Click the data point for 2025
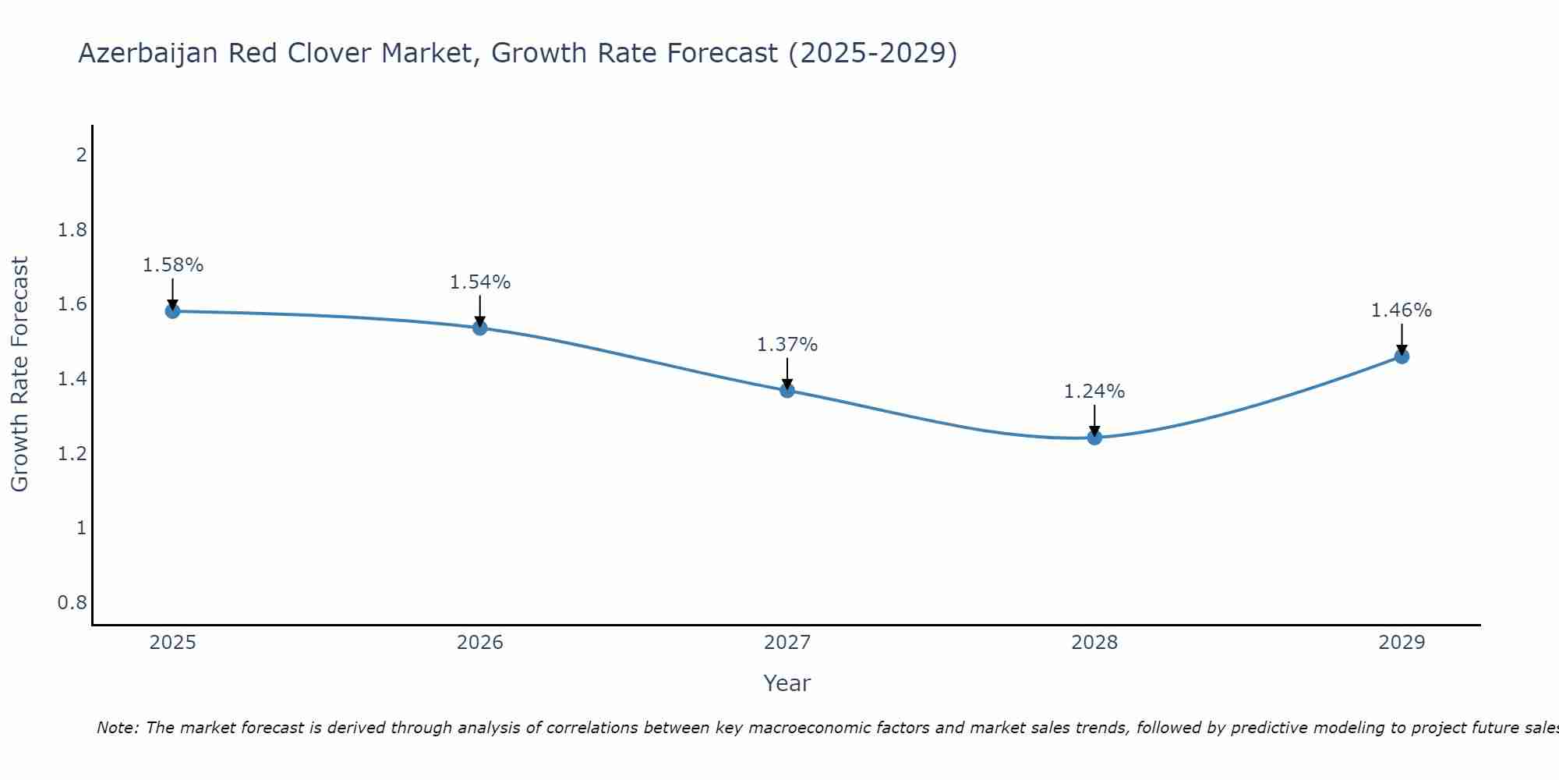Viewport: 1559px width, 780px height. pyautogui.click(x=172, y=311)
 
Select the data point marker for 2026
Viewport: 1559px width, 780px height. pyautogui.click(x=480, y=328)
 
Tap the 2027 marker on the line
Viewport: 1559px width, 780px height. pyautogui.click(x=787, y=390)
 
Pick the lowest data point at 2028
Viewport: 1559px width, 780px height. pyautogui.click(x=1094, y=438)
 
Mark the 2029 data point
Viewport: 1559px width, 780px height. pyautogui.click(x=1402, y=356)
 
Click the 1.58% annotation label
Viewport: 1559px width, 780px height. pyautogui.click(x=172, y=265)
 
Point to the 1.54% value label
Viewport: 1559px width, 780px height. pyautogui.click(x=480, y=282)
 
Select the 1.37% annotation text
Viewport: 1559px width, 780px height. pyautogui.click(x=787, y=345)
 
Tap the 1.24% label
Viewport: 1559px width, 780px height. pyautogui.click(x=1094, y=392)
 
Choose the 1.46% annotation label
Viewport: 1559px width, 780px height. pyautogui.click(x=1402, y=310)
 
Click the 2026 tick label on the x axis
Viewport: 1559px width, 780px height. pyautogui.click(x=480, y=643)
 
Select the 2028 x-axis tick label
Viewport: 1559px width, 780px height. pyautogui.click(x=1094, y=643)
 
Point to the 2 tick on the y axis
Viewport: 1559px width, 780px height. pyautogui.click(x=81, y=154)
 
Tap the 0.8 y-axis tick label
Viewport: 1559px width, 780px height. pyautogui.click(x=72, y=603)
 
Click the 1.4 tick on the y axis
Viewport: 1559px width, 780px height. pyautogui.click(x=72, y=379)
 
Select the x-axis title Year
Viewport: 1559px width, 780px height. pyautogui.click(x=787, y=683)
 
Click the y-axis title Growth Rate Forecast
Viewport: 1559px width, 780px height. pyautogui.click(x=20, y=374)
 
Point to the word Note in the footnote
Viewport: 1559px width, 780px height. pyautogui.click(x=117, y=728)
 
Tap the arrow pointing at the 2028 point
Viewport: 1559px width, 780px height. pyautogui.click(x=1094, y=420)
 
